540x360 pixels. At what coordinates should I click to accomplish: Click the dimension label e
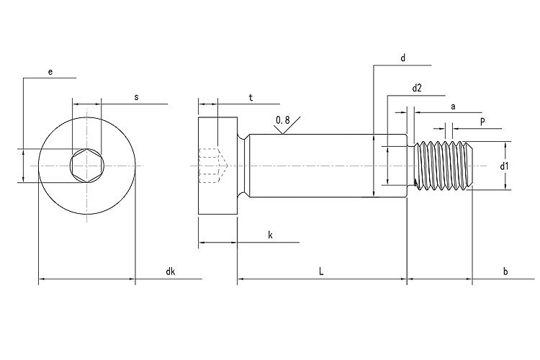coord(50,72)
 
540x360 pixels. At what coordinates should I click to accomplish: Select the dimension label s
coord(136,96)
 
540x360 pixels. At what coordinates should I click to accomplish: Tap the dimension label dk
coord(170,271)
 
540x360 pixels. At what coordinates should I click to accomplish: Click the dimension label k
coord(270,235)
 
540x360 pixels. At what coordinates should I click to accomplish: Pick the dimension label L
coord(321,271)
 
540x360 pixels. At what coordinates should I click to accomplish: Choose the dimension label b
coord(505,271)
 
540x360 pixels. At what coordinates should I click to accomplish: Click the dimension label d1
coord(505,166)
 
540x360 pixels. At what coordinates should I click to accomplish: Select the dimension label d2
coord(417,88)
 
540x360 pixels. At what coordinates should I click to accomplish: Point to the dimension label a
coord(453,105)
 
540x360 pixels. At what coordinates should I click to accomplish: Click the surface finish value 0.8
coord(283,120)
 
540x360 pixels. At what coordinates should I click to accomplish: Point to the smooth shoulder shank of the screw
coord(317,166)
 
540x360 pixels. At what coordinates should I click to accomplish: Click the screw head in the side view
coord(217,166)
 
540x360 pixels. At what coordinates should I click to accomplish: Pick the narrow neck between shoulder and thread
coord(413,166)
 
